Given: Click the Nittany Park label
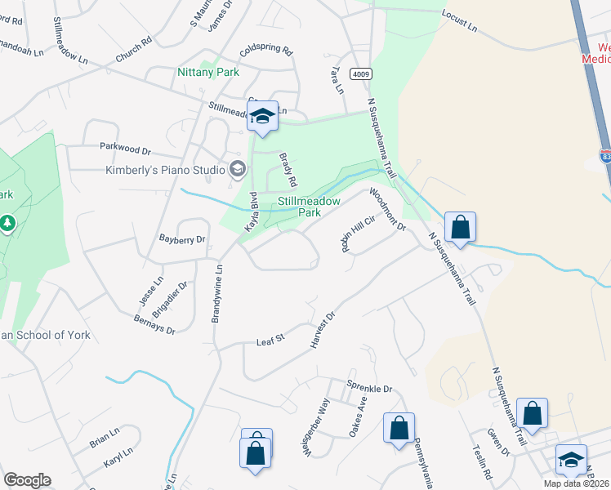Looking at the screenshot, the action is [208, 72].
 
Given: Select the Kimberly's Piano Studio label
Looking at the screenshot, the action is [164, 170].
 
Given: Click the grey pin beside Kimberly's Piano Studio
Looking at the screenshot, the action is [238, 169].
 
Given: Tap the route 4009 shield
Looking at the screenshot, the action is [361, 74].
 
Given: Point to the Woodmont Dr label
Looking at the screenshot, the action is [388, 209].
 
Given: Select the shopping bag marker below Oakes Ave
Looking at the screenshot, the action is [399, 427].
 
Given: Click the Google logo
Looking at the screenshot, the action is [27, 480].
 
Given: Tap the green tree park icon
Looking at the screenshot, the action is [7, 222].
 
